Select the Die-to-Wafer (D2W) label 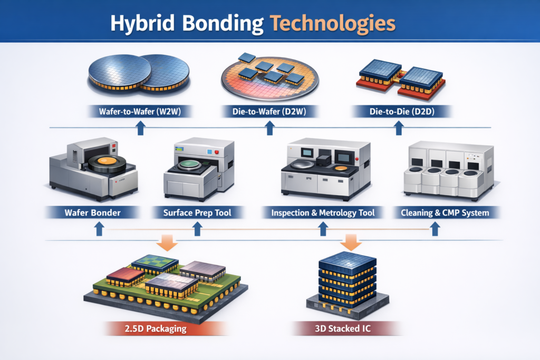point(269,111)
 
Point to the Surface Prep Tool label point(197,213)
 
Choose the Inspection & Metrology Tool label point(323,213)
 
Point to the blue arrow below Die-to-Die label point(399,127)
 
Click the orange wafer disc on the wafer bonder point(108,163)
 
